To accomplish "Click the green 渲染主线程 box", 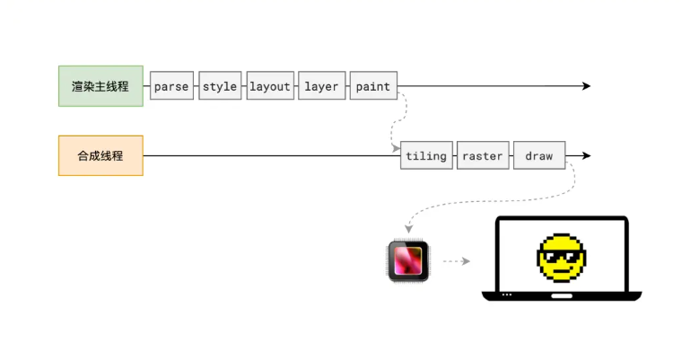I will click(x=100, y=86).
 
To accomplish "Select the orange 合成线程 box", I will click(x=100, y=155).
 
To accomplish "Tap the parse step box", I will click(x=171, y=86).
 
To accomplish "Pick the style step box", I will click(x=220, y=86).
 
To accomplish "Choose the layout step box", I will click(x=270, y=86).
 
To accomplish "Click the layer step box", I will click(x=321, y=86).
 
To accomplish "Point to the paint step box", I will click(x=373, y=86).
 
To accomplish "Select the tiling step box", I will click(x=426, y=155).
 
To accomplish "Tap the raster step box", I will click(x=483, y=155).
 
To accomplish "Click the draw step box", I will click(x=539, y=155).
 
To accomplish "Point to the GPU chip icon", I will click(x=409, y=261).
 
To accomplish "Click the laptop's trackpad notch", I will click(x=562, y=294).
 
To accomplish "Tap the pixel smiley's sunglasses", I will click(x=561, y=259).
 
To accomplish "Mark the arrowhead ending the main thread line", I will click(x=586, y=86).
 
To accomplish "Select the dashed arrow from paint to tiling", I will click(x=396, y=121).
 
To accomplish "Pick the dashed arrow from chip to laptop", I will click(x=457, y=262).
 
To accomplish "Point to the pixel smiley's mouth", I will click(x=562, y=272).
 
